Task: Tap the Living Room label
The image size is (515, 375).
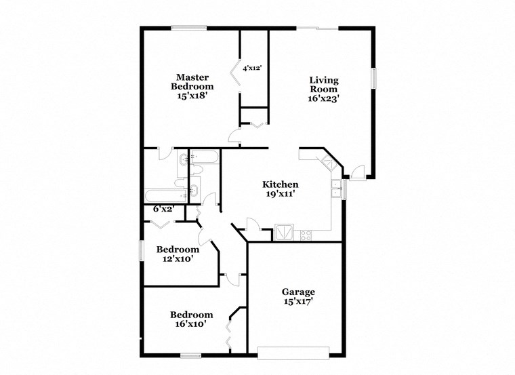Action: tap(323, 84)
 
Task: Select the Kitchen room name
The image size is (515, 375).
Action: tap(281, 184)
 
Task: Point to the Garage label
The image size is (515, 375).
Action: tap(298, 292)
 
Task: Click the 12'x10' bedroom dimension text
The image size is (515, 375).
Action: tap(178, 258)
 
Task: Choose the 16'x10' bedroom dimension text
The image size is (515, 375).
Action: tap(191, 324)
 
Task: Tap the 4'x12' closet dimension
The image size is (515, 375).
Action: tap(252, 68)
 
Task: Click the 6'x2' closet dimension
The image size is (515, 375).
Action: tap(163, 209)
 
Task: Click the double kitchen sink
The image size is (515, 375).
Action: tap(336, 189)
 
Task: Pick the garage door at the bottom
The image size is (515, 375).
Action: tap(293, 353)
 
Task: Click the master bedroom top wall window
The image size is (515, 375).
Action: tap(189, 28)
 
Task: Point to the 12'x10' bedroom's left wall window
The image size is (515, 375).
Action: tap(141, 250)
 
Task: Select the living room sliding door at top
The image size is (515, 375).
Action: tap(317, 28)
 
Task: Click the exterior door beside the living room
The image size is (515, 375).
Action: tap(359, 173)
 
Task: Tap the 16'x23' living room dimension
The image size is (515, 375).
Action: tap(323, 98)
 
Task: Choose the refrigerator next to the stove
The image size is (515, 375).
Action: tap(284, 233)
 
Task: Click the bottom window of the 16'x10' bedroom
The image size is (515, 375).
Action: tap(190, 355)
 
